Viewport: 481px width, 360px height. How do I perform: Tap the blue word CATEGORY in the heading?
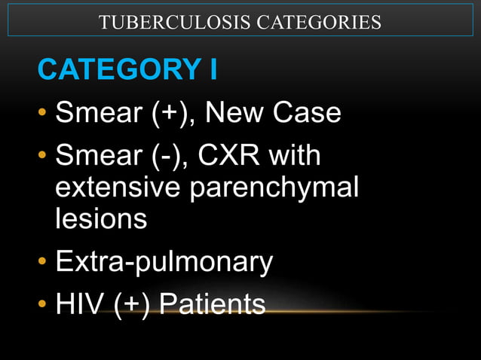tap(118, 69)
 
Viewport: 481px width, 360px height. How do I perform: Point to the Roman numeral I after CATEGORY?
tap(213, 69)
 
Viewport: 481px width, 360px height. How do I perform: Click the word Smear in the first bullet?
tap(98, 114)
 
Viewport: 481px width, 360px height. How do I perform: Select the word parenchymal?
tap(274, 189)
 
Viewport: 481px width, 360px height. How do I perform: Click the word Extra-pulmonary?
tap(164, 262)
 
